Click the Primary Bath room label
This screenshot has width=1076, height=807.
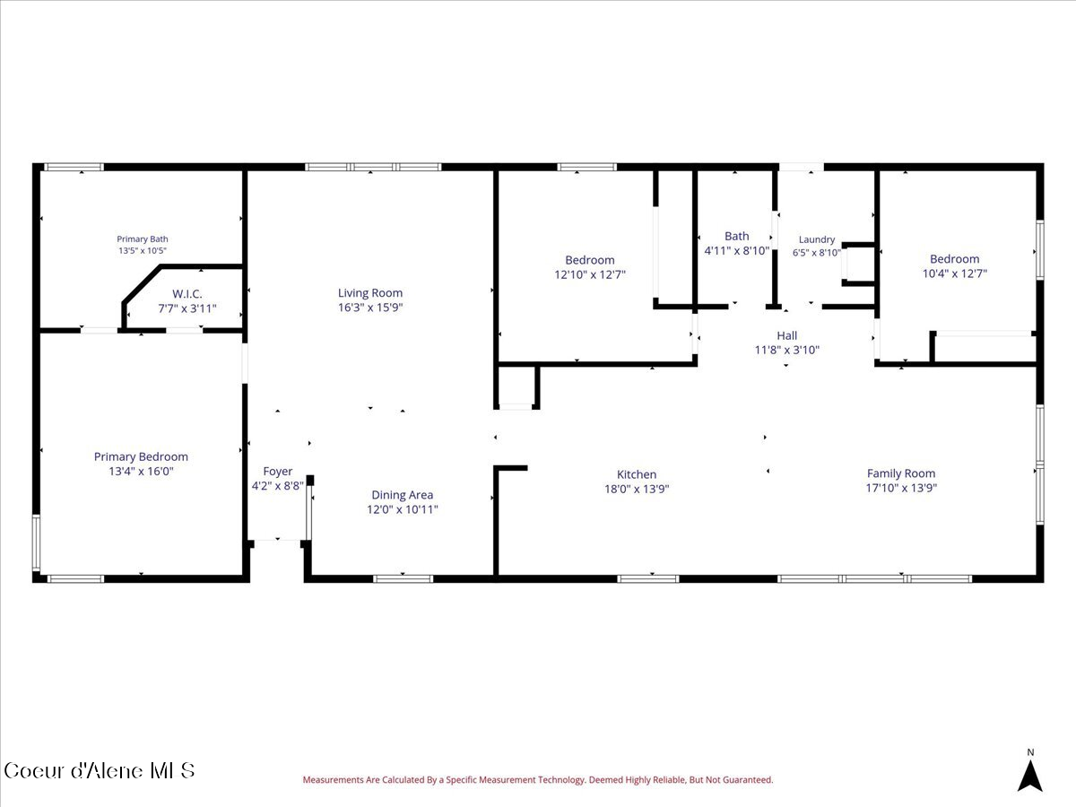point(143,239)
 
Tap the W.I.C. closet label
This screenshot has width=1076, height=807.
point(187,294)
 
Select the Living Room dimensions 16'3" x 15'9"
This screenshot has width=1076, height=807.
point(370,308)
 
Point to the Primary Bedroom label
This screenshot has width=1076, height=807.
point(141,456)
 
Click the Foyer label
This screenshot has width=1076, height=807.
point(277,472)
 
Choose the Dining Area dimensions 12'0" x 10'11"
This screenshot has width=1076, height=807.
point(403,509)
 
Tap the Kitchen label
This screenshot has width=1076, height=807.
point(637,474)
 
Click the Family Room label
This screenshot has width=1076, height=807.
point(901,473)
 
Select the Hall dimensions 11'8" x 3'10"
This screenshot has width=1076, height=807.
point(786,350)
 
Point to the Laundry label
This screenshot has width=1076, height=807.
point(817,239)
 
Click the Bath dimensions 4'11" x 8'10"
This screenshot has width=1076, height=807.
point(737,251)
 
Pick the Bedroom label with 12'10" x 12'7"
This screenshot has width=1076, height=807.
point(590,260)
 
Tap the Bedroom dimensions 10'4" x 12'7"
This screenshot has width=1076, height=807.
point(954,273)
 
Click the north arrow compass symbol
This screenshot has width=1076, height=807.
point(1030,776)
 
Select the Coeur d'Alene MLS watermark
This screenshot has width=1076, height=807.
point(100,771)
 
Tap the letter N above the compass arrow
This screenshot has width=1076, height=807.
point(1030,752)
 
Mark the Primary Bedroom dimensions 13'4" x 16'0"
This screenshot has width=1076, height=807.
point(141,472)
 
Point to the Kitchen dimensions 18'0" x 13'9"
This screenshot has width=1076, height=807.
point(637,489)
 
